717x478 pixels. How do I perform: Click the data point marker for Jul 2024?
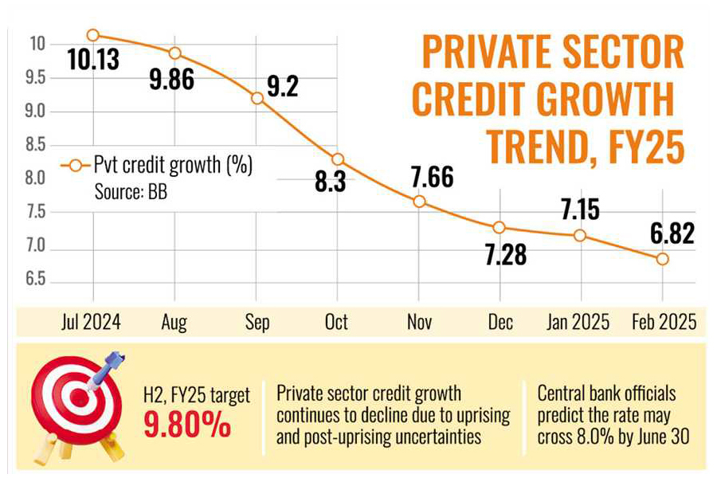pyautogui.click(x=93, y=35)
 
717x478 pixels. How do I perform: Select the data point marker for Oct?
pyautogui.click(x=338, y=159)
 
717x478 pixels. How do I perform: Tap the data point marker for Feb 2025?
pyautogui.click(x=662, y=259)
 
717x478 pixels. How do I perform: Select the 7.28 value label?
pyautogui.click(x=500, y=257)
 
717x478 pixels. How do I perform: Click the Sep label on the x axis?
pyautogui.click(x=257, y=322)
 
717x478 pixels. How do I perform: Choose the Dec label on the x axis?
pyautogui.click(x=500, y=322)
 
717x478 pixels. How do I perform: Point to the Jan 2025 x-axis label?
pyautogui.click(x=578, y=322)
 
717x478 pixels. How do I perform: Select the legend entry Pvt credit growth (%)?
pyautogui.click(x=160, y=167)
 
